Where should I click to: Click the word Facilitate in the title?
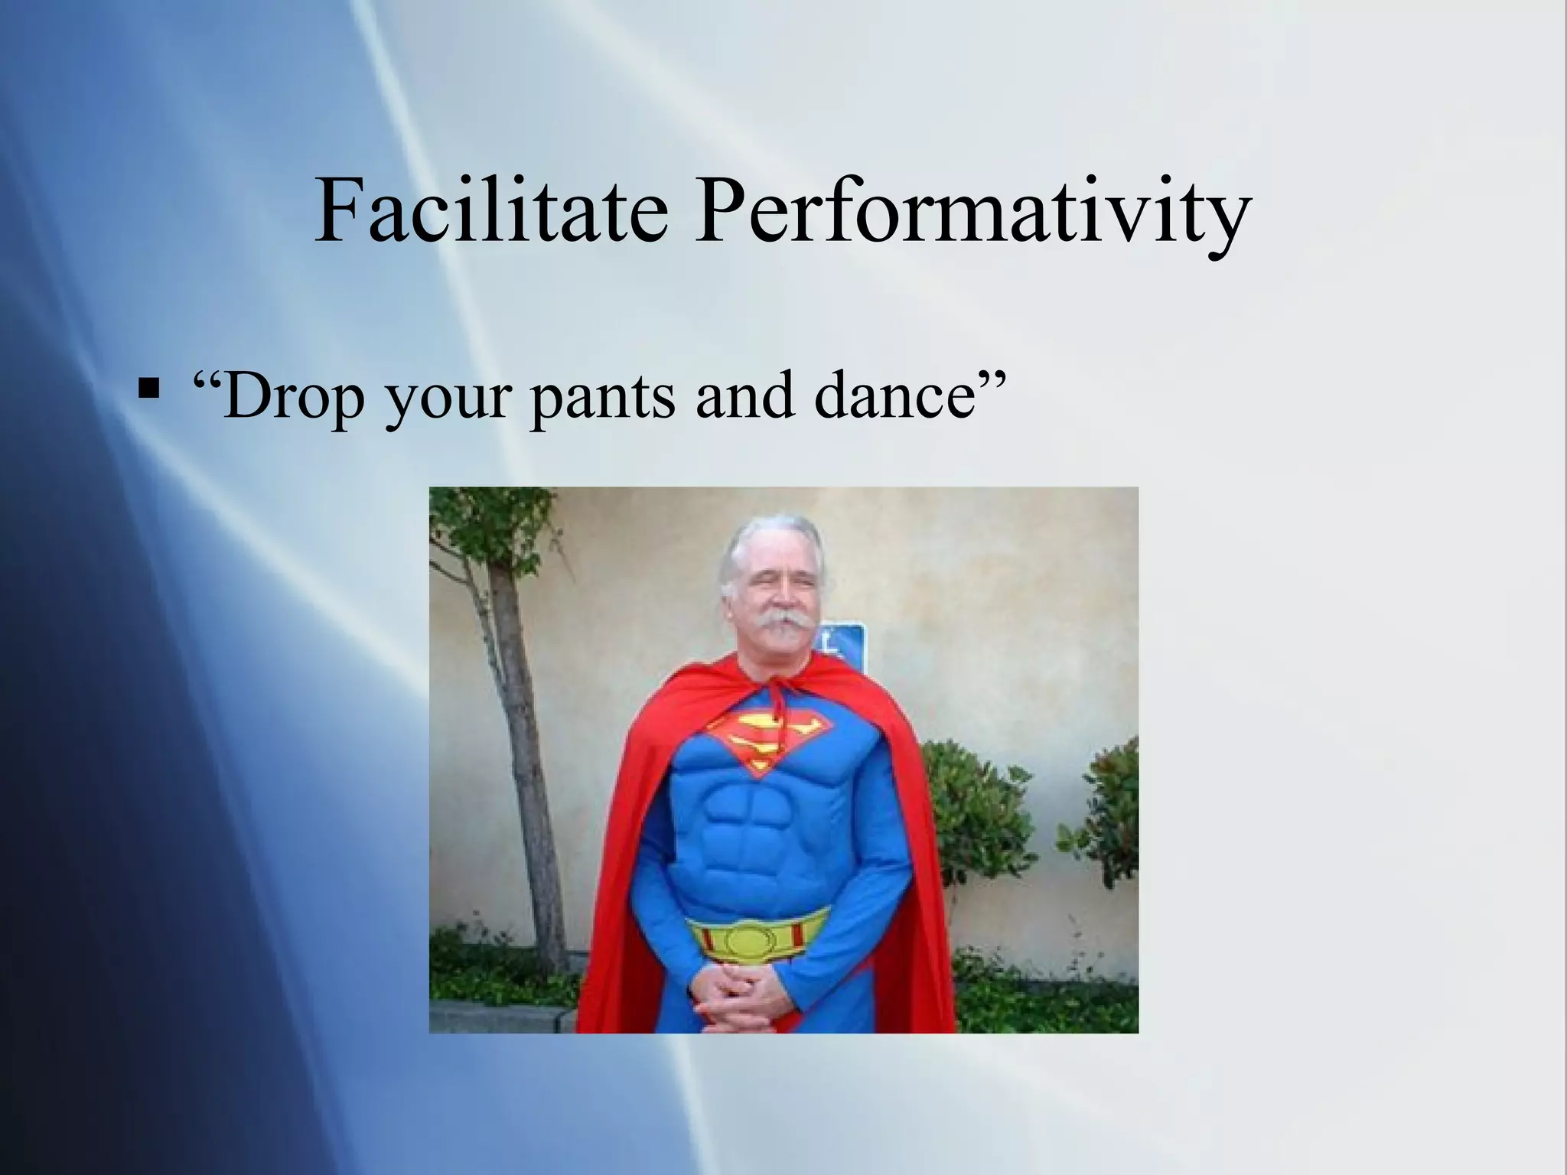(x=491, y=210)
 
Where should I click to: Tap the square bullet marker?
(x=148, y=388)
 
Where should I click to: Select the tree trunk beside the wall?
(x=528, y=765)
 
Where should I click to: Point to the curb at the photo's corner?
(x=497, y=1020)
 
